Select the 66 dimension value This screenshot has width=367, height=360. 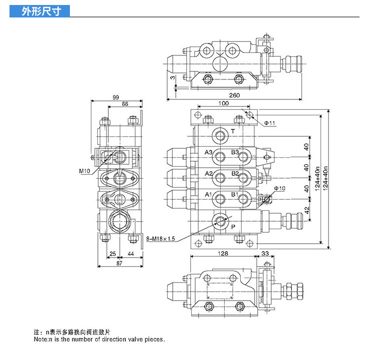[x=125, y=104]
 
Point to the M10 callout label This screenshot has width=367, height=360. [x=84, y=171]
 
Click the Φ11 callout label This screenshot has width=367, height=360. [x=270, y=123]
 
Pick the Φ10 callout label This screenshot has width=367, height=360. [x=280, y=188]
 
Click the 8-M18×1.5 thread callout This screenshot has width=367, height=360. [x=161, y=239]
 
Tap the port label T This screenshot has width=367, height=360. [x=233, y=131]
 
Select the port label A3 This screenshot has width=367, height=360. [x=209, y=152]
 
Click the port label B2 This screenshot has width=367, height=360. [x=235, y=173]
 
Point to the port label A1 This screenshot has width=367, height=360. [x=209, y=194]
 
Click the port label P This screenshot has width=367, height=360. [x=233, y=226]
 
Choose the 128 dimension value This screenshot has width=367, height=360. [x=223, y=254]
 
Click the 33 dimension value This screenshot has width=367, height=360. [x=265, y=254]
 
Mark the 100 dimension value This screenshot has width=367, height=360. [x=223, y=103]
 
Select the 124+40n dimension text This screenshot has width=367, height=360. [x=318, y=178]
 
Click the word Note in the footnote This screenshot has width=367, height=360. [x=40, y=340]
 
